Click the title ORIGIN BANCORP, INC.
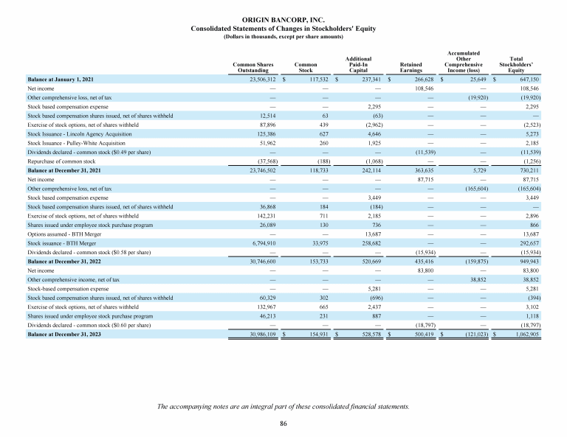click(x=283, y=18)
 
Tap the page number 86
click(x=283, y=424)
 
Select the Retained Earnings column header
click(x=410, y=68)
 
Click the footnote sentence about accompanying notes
click(x=283, y=406)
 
